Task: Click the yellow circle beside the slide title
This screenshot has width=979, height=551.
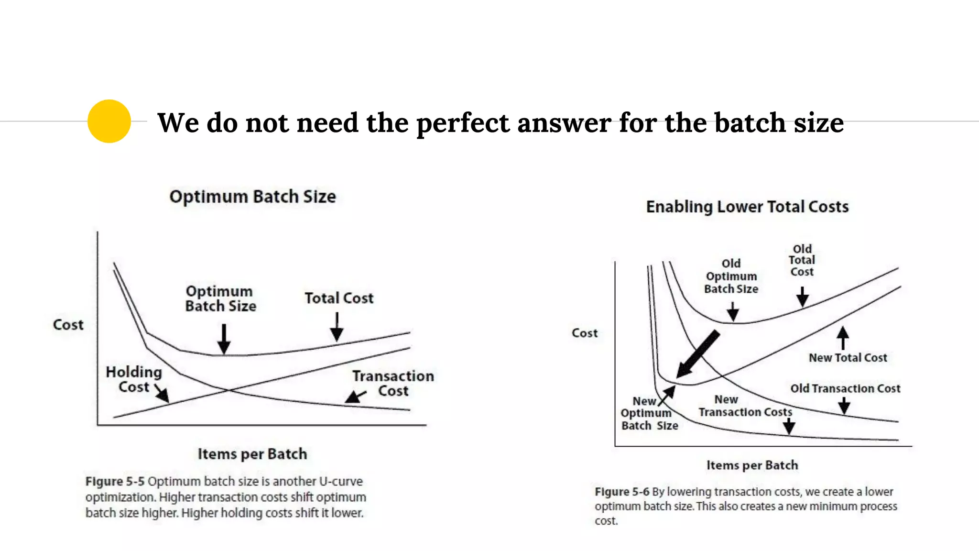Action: click(109, 121)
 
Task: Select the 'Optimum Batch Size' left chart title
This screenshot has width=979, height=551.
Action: click(252, 197)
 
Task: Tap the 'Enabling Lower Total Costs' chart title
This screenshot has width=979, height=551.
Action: click(747, 207)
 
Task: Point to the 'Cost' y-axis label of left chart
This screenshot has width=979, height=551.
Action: click(68, 325)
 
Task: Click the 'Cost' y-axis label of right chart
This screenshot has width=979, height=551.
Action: click(584, 333)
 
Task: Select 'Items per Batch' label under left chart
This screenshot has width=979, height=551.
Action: click(252, 453)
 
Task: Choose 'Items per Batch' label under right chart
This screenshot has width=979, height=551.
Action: click(752, 465)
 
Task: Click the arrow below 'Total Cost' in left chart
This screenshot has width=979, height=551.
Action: click(337, 327)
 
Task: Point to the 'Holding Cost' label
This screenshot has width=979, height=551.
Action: click(134, 379)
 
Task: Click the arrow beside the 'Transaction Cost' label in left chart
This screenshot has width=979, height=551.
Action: click(355, 397)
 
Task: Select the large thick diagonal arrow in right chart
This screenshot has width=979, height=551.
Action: click(698, 354)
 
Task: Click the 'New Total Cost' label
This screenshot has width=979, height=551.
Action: click(848, 358)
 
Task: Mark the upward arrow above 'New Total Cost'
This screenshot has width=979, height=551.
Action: click(843, 338)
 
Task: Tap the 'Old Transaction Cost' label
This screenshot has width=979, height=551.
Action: click(845, 388)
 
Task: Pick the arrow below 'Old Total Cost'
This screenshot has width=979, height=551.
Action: click(802, 297)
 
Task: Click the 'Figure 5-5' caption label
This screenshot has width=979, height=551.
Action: click(115, 481)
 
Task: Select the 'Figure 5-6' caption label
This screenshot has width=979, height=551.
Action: click(622, 492)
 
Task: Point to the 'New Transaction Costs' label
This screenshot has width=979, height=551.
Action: click(745, 406)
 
